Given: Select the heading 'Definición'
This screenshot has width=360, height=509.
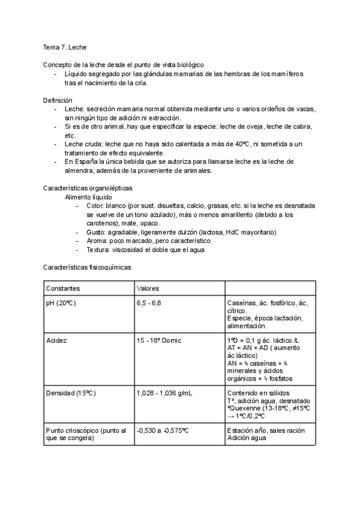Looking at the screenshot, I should pos(58,100).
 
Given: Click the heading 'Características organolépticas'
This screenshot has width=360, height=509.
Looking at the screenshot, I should pos(88,188).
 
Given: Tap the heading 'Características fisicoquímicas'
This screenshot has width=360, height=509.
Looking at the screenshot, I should pos(87,266).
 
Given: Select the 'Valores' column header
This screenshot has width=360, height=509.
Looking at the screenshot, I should pos(148,288).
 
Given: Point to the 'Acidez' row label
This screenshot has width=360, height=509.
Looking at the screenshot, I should pos(56,340).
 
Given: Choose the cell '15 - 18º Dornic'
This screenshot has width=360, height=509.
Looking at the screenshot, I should pos(159,340).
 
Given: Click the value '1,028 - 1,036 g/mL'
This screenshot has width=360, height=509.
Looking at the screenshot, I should pos(166,393).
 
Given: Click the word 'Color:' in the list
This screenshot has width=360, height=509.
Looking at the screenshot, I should pos(95,205).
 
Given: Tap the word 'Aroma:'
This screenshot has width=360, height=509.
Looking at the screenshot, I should pos(97,241).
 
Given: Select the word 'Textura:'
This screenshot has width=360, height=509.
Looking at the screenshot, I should pos(98,250).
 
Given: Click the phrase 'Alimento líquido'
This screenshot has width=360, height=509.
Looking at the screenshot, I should pos(91,197).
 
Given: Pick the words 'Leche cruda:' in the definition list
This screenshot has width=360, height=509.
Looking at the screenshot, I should pos(83,144).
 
